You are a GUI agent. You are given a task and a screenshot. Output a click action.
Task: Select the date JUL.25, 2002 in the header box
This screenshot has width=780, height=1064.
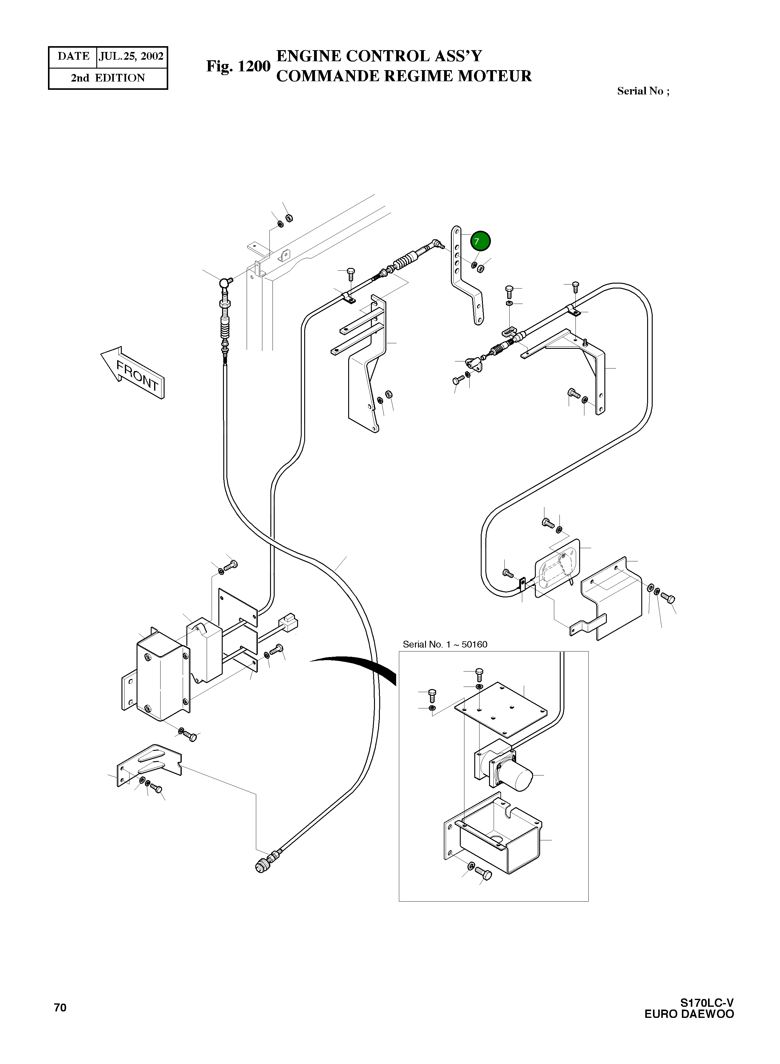click(x=131, y=57)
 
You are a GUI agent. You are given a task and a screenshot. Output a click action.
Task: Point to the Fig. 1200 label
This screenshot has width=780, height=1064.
click(x=238, y=66)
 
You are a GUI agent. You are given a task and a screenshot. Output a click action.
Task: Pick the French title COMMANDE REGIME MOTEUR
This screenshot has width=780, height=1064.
click(x=404, y=76)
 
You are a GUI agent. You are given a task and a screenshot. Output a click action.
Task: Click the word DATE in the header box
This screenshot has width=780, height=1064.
click(x=73, y=57)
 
